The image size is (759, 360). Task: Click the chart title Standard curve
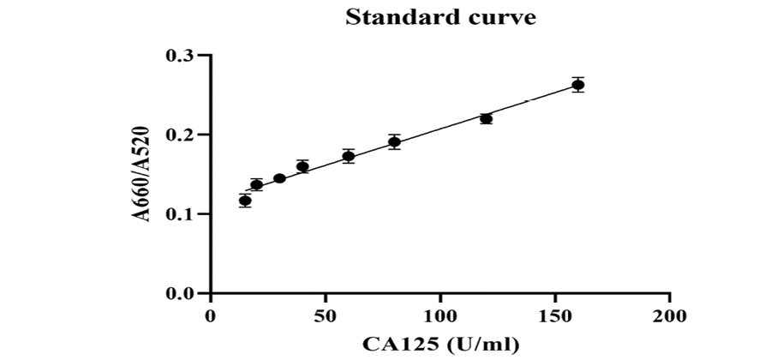click(441, 17)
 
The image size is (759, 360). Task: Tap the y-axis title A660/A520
click(143, 174)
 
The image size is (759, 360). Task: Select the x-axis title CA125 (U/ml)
click(440, 345)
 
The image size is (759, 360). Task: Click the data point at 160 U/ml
click(578, 84)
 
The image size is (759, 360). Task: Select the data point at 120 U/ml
click(487, 119)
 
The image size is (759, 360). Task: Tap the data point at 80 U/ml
click(394, 142)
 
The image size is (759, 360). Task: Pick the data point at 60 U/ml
click(349, 156)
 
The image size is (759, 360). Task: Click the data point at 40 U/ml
click(302, 166)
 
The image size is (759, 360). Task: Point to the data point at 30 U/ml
click(279, 178)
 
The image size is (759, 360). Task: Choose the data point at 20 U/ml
click(256, 184)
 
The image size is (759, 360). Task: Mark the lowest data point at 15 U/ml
click(245, 201)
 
